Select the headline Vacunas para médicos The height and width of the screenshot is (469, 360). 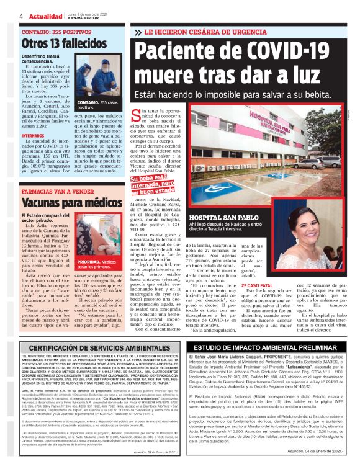point(63,202)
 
